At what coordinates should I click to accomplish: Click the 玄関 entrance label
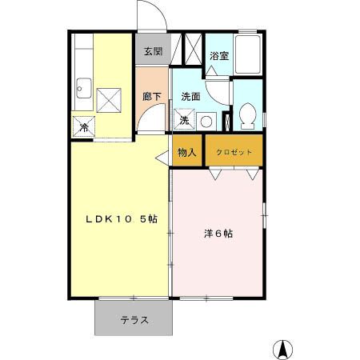[x=153, y=52]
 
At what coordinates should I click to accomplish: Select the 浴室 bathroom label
[x=219, y=55]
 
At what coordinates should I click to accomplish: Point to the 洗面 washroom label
[x=190, y=97]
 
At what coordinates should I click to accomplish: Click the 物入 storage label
[x=186, y=152]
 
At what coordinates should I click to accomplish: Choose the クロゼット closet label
[x=234, y=152]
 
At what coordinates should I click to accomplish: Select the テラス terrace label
[x=135, y=321]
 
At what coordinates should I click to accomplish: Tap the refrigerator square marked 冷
[x=82, y=126]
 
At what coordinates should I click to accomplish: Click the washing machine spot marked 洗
[x=184, y=120]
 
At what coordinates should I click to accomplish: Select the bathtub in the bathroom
[x=249, y=57]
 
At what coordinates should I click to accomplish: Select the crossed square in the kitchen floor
[x=108, y=100]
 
